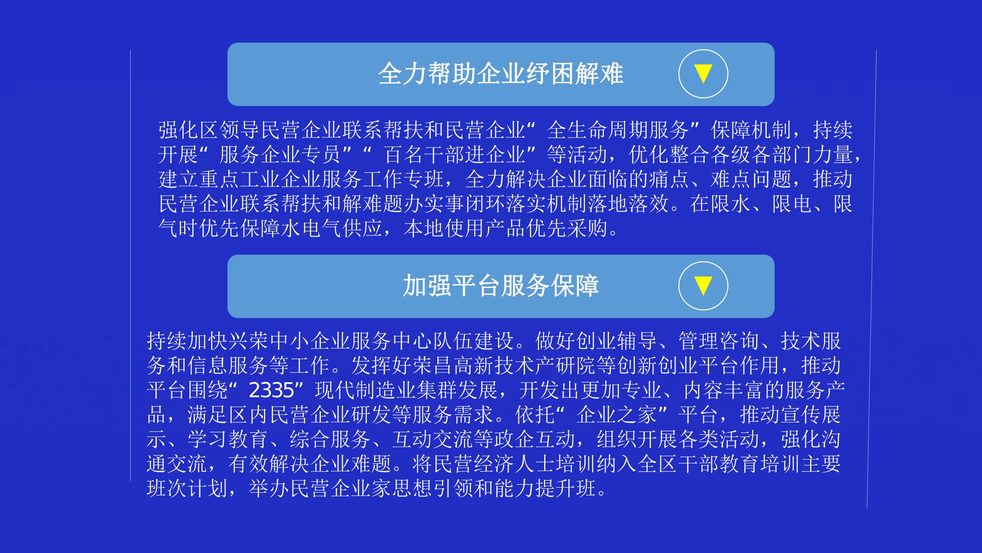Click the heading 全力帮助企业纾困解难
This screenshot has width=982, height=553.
(x=500, y=74)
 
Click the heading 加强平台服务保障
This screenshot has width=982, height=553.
(x=501, y=286)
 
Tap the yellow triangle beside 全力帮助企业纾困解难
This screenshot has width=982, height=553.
(x=703, y=74)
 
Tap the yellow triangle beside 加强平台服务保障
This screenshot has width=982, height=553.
(x=703, y=286)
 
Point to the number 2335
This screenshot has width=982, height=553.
(x=271, y=390)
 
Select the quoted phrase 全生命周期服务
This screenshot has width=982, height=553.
(x=618, y=130)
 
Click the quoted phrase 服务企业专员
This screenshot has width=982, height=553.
(x=280, y=155)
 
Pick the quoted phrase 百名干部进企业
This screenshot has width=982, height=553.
(x=455, y=155)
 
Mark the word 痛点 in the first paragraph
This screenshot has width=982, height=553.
(x=669, y=179)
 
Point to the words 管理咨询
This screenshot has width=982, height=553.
(x=719, y=341)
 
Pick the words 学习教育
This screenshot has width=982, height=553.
(x=228, y=440)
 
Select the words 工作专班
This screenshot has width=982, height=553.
(x=403, y=179)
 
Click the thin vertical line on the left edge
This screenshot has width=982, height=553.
(x=131, y=265)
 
